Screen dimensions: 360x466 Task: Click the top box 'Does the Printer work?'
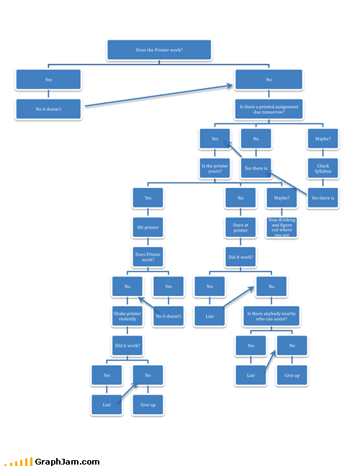pos(159,50)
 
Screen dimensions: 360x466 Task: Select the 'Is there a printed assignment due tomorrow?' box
pos(269,109)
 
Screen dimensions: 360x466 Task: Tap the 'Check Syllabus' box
pos(323,169)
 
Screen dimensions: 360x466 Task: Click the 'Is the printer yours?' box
pos(215,169)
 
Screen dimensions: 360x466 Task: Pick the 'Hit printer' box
pos(148,228)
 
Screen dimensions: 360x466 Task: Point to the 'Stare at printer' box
pos(240,228)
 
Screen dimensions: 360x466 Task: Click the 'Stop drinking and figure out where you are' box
pos(282,228)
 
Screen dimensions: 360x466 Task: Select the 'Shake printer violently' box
pos(127,316)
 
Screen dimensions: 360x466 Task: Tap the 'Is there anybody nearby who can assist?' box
pos(271,316)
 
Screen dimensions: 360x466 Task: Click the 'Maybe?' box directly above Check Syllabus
pos(323,139)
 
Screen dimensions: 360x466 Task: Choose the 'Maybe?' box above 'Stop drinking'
pos(282,198)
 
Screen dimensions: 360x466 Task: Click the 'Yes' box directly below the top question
pos(48,80)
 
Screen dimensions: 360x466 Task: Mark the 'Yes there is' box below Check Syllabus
pos(323,198)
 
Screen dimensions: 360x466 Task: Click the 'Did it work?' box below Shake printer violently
pos(127,346)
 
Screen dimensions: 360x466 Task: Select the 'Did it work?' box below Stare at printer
pos(240,257)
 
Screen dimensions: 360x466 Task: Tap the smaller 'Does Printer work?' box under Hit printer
pos(148,257)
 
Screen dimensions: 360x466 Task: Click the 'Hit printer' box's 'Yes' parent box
pos(148,198)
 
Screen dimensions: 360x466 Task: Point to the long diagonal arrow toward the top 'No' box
pos(159,96)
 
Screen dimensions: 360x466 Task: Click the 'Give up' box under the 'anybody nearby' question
pos(292,375)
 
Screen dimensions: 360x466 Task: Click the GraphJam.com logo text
pos(67,462)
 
